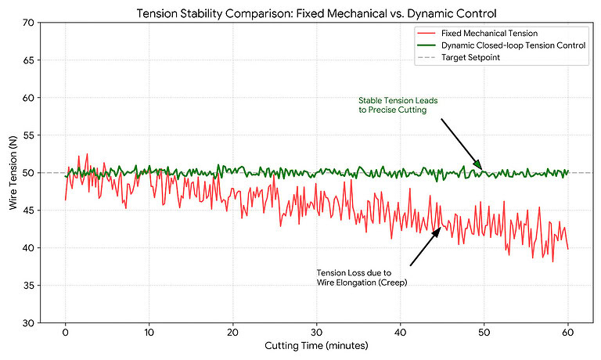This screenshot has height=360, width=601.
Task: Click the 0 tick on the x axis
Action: coord(66,333)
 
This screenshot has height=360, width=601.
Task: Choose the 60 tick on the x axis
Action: coord(567,333)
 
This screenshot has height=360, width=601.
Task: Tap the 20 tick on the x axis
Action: coord(233,333)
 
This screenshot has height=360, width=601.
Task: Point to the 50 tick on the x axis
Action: coord(484,333)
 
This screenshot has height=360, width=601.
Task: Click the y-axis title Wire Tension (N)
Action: coord(11,173)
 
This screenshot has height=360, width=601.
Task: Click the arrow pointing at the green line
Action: coord(462,143)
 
